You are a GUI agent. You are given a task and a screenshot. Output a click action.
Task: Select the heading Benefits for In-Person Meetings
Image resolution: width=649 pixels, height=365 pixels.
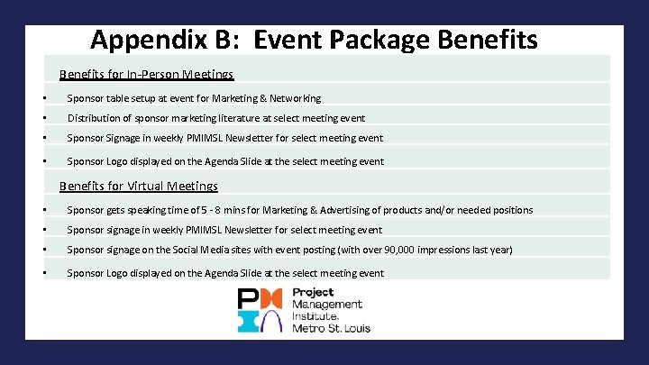click(147, 75)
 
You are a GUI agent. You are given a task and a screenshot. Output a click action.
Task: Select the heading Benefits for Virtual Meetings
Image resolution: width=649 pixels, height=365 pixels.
click(139, 187)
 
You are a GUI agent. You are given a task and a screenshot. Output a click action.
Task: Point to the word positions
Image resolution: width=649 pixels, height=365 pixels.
click(510, 210)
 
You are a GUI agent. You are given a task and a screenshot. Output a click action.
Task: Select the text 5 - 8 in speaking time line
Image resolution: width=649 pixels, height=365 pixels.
click(204, 210)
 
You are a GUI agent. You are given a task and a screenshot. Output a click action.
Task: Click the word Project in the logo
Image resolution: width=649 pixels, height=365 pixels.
click(313, 293)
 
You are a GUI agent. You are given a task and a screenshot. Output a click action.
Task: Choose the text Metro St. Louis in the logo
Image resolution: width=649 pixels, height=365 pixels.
click(331, 328)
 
